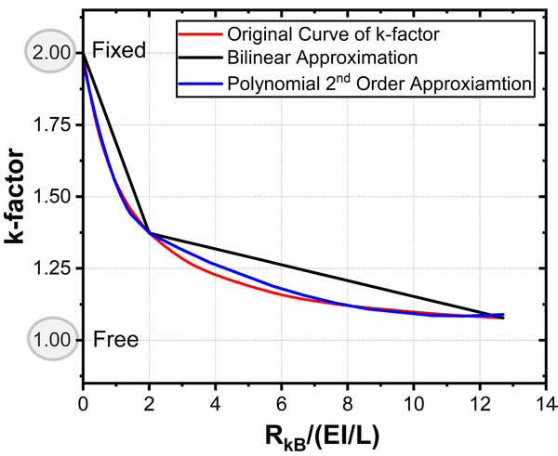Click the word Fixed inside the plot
tap(120, 50)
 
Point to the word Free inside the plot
tap(116, 339)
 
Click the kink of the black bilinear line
tap(149, 233)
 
